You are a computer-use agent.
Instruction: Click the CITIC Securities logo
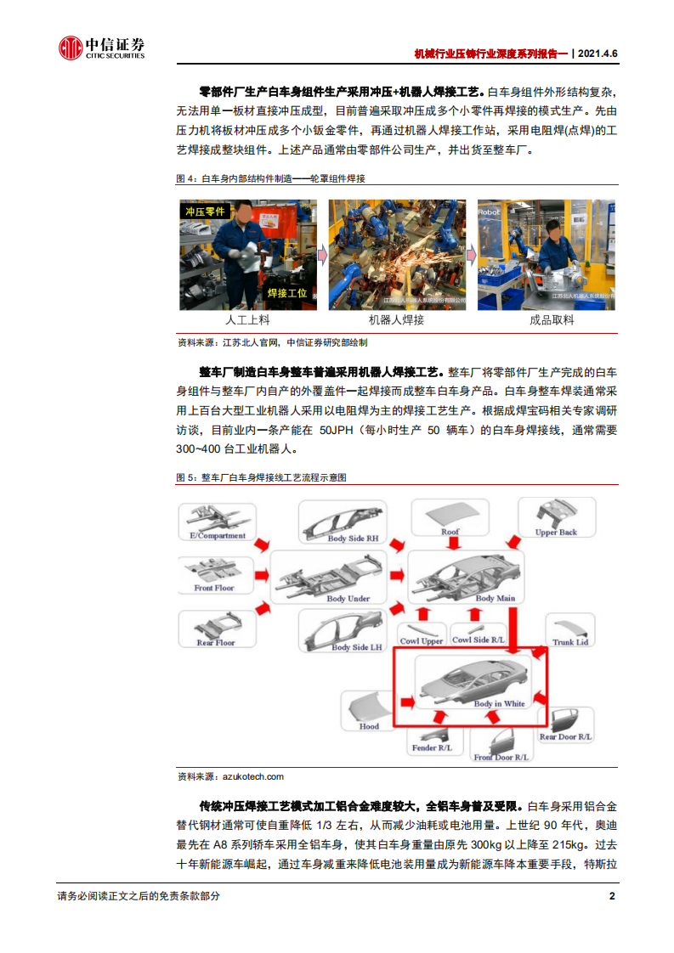coord(101,48)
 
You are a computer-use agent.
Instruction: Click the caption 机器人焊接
coord(396,320)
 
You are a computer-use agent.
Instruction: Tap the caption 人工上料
coord(247,320)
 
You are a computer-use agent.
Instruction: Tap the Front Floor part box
coord(214,575)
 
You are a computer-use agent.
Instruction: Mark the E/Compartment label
coord(212,536)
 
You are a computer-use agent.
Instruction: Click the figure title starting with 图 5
coord(262,477)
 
